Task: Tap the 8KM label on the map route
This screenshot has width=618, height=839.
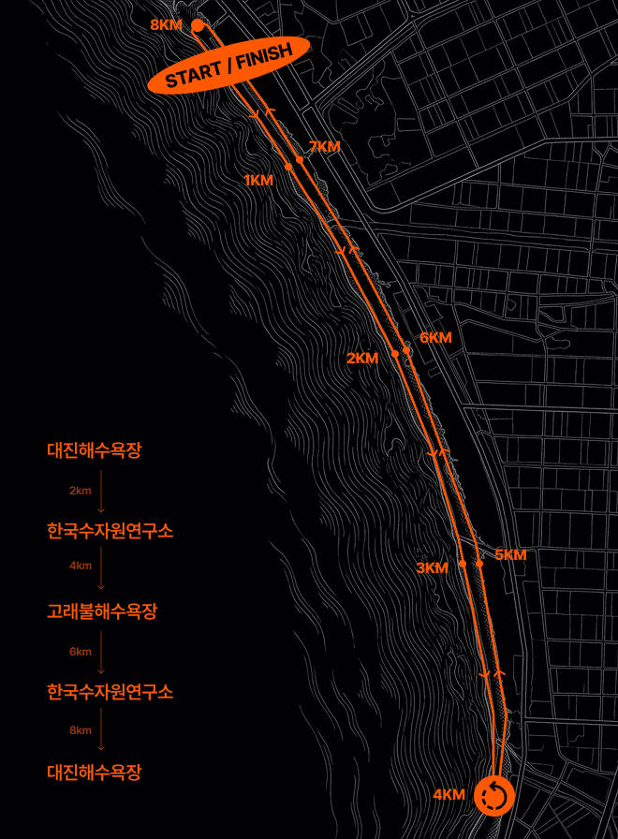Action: (166, 24)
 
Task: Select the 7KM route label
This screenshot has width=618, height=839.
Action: (324, 147)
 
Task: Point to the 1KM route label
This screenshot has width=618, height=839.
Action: (258, 180)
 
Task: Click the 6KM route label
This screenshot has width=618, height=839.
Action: (435, 337)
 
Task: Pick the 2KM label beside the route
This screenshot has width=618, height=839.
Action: (362, 358)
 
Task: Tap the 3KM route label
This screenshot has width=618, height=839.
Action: (433, 567)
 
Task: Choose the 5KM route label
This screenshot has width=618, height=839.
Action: (510, 554)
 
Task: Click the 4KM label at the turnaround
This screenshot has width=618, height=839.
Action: (449, 794)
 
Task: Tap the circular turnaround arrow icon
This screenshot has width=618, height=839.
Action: (493, 796)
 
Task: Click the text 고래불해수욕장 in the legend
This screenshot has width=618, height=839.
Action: (102, 612)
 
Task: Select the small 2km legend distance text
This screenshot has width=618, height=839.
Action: (80, 491)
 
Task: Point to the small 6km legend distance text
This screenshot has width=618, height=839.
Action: (80, 652)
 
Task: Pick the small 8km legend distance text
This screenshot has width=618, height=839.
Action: (80, 730)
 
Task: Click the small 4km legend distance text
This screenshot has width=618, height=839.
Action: (80, 566)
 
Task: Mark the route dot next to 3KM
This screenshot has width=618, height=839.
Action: (463, 564)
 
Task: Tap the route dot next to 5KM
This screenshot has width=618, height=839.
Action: (479, 563)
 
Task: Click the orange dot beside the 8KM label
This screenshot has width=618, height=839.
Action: (198, 25)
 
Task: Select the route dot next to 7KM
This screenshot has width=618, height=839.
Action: (300, 160)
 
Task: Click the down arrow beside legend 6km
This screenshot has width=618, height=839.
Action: (101, 652)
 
